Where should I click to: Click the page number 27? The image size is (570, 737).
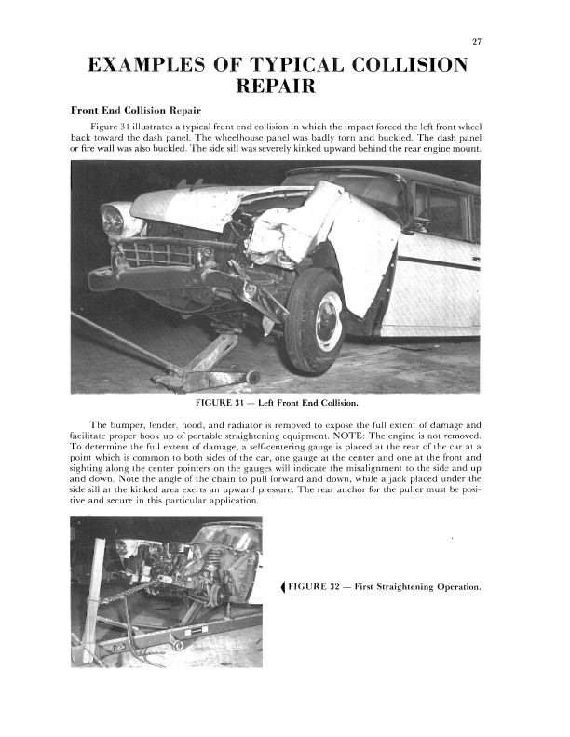tap(475, 42)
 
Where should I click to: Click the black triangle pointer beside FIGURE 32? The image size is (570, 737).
tap(282, 586)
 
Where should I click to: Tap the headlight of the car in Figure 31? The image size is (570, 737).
tap(113, 220)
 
